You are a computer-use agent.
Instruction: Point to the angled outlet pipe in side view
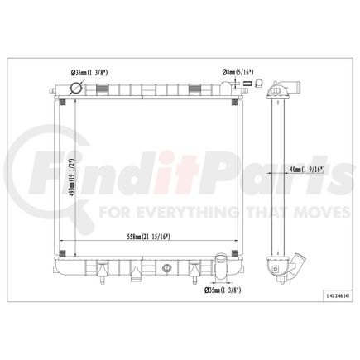coord(286,269)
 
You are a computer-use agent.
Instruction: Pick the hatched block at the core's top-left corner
coord(63,102)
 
